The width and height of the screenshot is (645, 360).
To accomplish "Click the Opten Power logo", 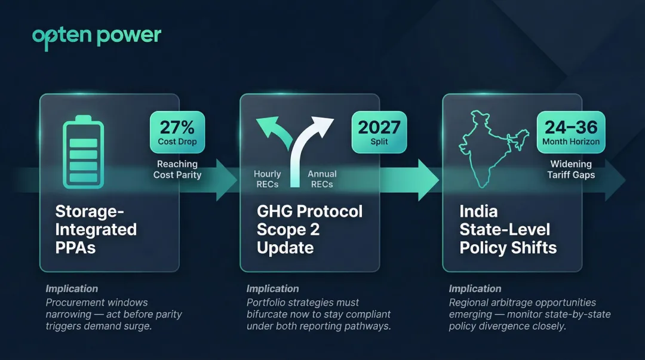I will click(97, 36).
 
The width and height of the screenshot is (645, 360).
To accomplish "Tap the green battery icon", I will click(83, 150).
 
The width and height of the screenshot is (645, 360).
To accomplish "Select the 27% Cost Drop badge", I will click(177, 133).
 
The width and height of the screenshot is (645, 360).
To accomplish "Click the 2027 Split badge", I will click(379, 133).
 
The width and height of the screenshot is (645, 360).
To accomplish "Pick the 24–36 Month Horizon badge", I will click(571, 133).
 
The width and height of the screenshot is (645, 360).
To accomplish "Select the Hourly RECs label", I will click(267, 179).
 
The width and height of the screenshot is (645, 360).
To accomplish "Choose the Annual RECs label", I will click(322, 179).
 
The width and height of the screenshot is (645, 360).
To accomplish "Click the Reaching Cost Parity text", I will click(177, 170).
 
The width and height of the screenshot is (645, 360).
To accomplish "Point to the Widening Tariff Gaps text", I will click(571, 170).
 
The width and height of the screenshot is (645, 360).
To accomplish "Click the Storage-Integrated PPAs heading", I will click(96, 229).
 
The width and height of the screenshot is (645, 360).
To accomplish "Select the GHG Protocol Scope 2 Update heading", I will click(309, 229).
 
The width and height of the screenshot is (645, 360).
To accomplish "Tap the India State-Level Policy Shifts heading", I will click(508, 229).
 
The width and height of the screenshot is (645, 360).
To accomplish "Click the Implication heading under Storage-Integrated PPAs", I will click(72, 289).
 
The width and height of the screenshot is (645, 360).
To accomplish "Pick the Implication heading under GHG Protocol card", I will click(273, 289).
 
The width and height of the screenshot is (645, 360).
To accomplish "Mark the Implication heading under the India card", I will click(475, 289).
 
